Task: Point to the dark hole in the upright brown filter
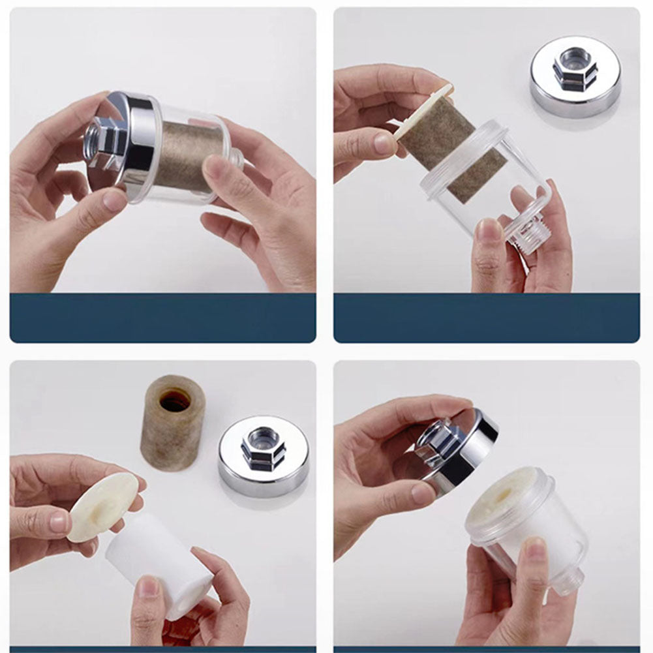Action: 175,400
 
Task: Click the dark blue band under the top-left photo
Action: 163,318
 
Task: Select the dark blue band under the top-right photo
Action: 486,318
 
